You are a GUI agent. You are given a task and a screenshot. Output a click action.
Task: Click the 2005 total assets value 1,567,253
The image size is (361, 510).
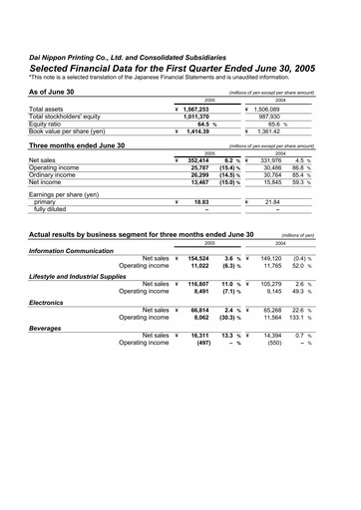203,109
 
